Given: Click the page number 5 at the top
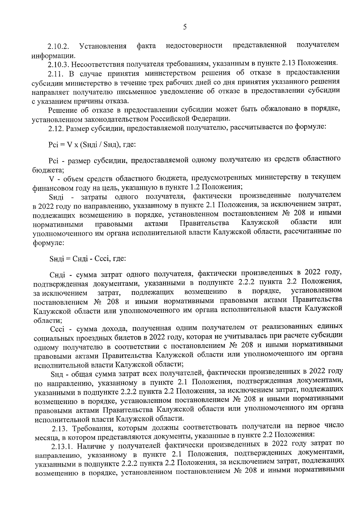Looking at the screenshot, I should (185, 28).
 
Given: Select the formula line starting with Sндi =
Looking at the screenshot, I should (87, 258).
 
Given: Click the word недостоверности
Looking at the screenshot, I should (194, 46).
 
